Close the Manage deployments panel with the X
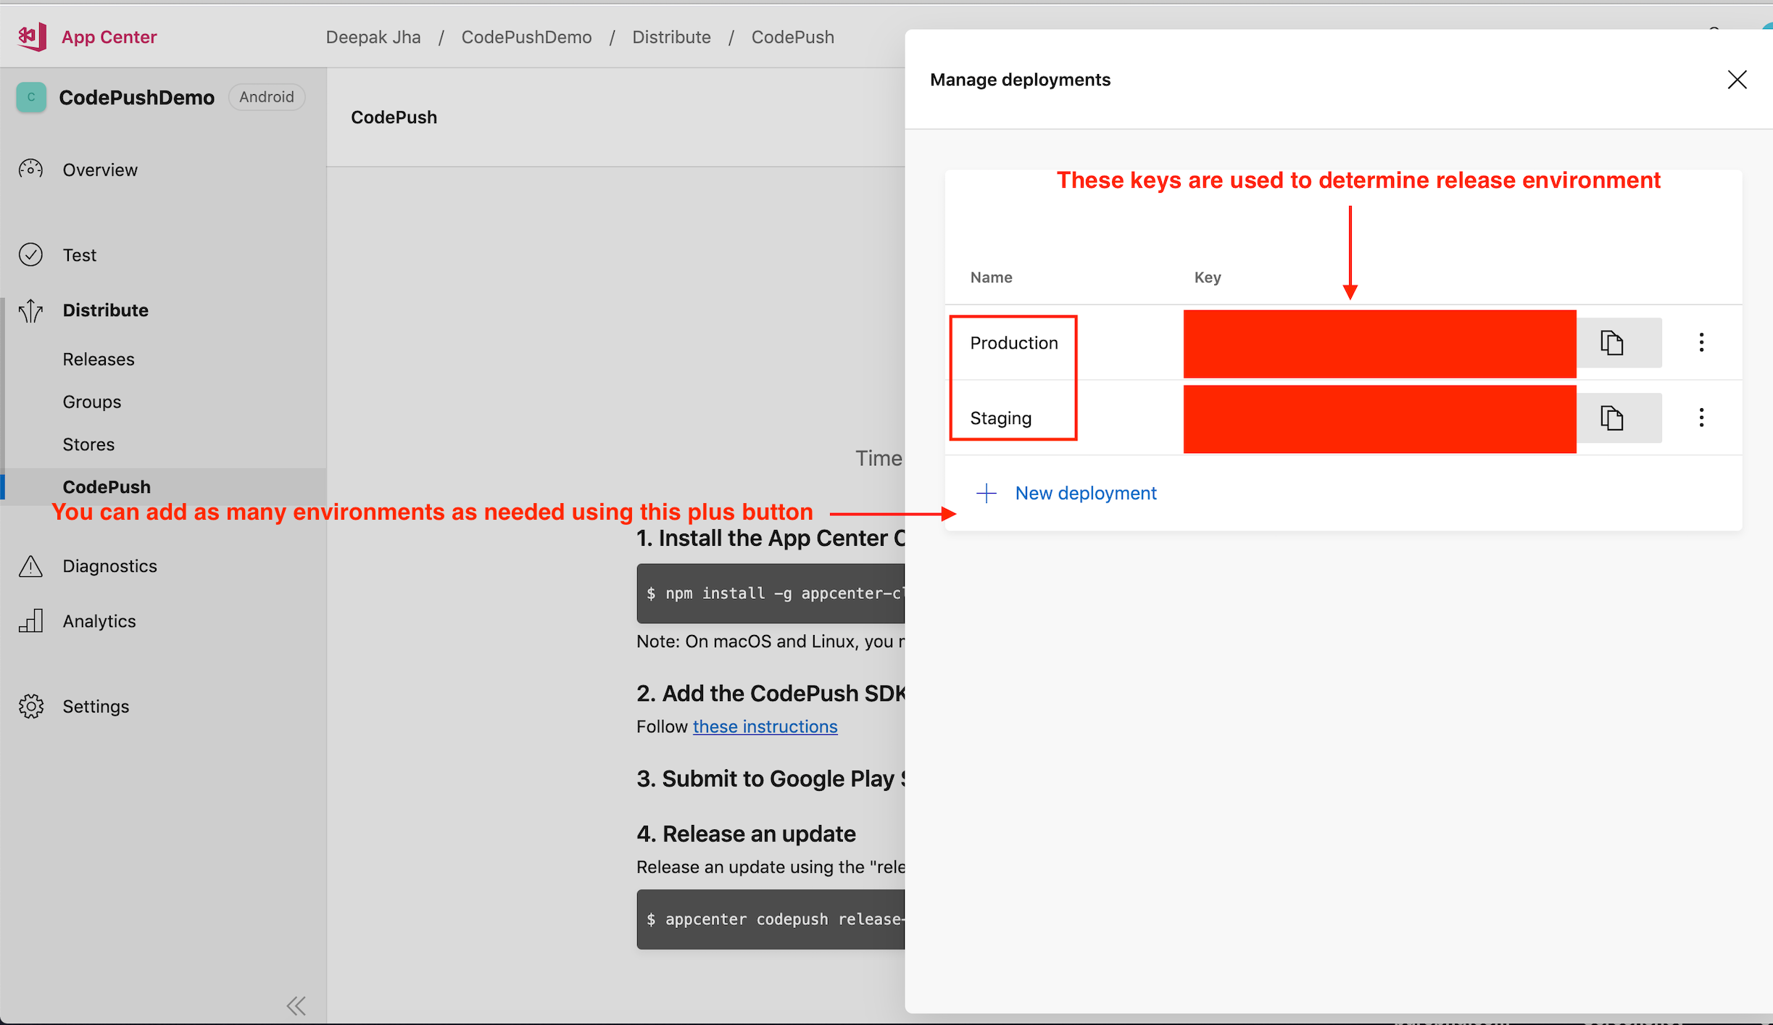(x=1737, y=80)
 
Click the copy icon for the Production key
(x=1611, y=343)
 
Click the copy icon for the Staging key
(x=1611, y=418)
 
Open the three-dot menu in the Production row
(x=1701, y=343)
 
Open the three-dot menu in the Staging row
(x=1701, y=418)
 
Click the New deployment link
(x=1085, y=494)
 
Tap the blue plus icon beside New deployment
(x=986, y=494)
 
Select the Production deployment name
(x=1013, y=343)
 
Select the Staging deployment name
(x=1000, y=418)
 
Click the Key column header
(x=1207, y=278)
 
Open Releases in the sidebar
(x=99, y=360)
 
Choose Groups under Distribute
(x=92, y=402)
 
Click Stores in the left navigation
(x=88, y=445)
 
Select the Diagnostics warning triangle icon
(x=30, y=566)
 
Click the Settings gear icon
(x=31, y=707)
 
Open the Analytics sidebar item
(x=99, y=622)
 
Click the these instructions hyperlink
(x=765, y=727)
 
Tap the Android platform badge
(x=267, y=97)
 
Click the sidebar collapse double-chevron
(x=296, y=1005)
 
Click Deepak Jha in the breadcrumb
(x=373, y=38)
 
